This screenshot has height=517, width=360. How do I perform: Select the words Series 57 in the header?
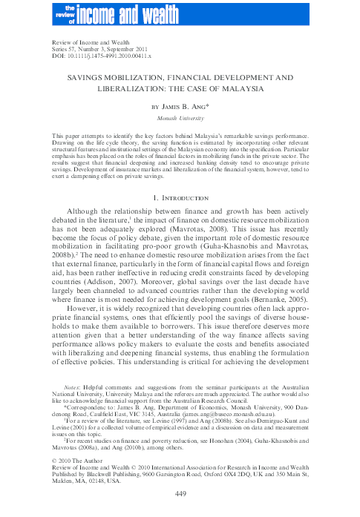click(x=62, y=50)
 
